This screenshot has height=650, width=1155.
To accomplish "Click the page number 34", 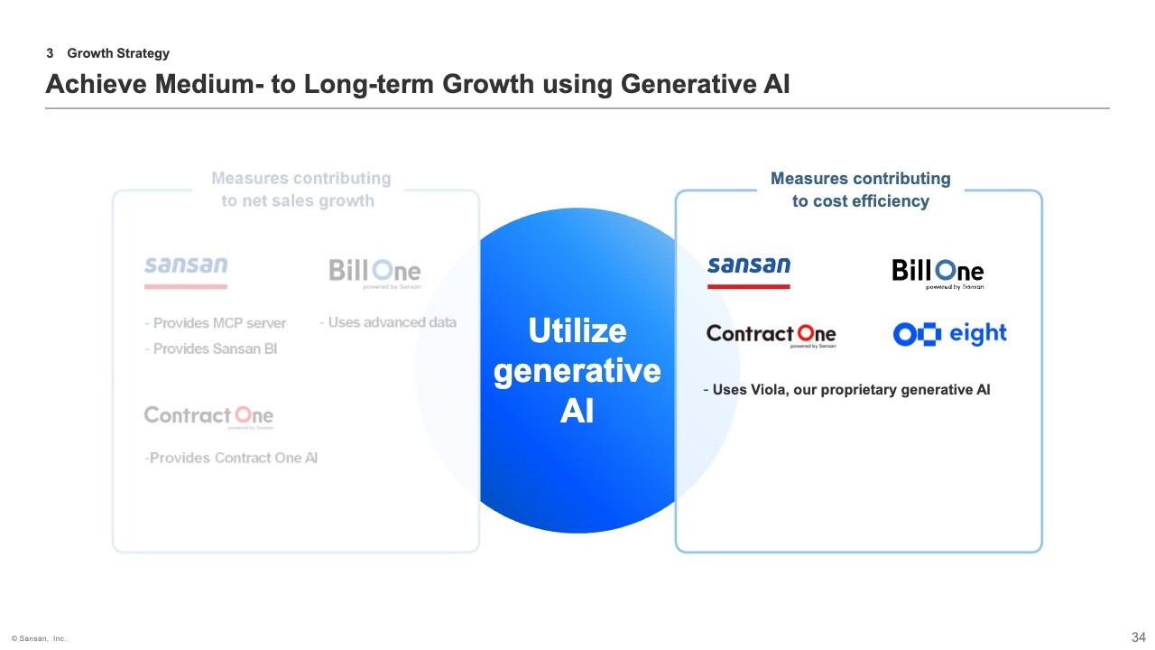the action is pyautogui.click(x=1139, y=637).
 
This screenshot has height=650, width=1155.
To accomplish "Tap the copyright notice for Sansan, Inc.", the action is pyautogui.click(x=39, y=638).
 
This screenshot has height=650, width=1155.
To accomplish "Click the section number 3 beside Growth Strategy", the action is pyautogui.click(x=50, y=53).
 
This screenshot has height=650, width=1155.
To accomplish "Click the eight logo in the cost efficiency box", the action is pyautogui.click(x=950, y=334).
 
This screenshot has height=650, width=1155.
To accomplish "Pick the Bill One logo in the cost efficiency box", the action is pyautogui.click(x=938, y=274).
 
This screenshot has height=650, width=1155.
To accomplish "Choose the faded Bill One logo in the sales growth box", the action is pyautogui.click(x=374, y=274).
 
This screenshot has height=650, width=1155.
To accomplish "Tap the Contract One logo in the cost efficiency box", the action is pyautogui.click(x=771, y=336).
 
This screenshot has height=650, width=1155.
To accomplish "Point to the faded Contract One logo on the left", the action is pyautogui.click(x=208, y=417).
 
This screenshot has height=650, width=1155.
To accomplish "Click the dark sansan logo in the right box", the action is pyautogui.click(x=749, y=273).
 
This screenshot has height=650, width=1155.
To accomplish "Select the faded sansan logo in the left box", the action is pyautogui.click(x=186, y=273).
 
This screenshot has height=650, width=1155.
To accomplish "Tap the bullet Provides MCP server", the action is pyautogui.click(x=215, y=323).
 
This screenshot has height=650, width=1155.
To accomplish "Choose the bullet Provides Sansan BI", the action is pyautogui.click(x=211, y=349).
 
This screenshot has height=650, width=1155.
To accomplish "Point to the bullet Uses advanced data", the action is pyautogui.click(x=388, y=322).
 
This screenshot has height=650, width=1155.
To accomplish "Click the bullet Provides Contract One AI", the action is pyautogui.click(x=231, y=458).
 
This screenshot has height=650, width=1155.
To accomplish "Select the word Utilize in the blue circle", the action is pyautogui.click(x=577, y=330).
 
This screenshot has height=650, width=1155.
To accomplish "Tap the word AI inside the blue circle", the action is pyautogui.click(x=577, y=411).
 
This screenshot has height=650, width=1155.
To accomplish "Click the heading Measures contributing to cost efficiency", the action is pyautogui.click(x=861, y=190).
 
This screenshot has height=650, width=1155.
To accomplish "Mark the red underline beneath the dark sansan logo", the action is pyautogui.click(x=749, y=286).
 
